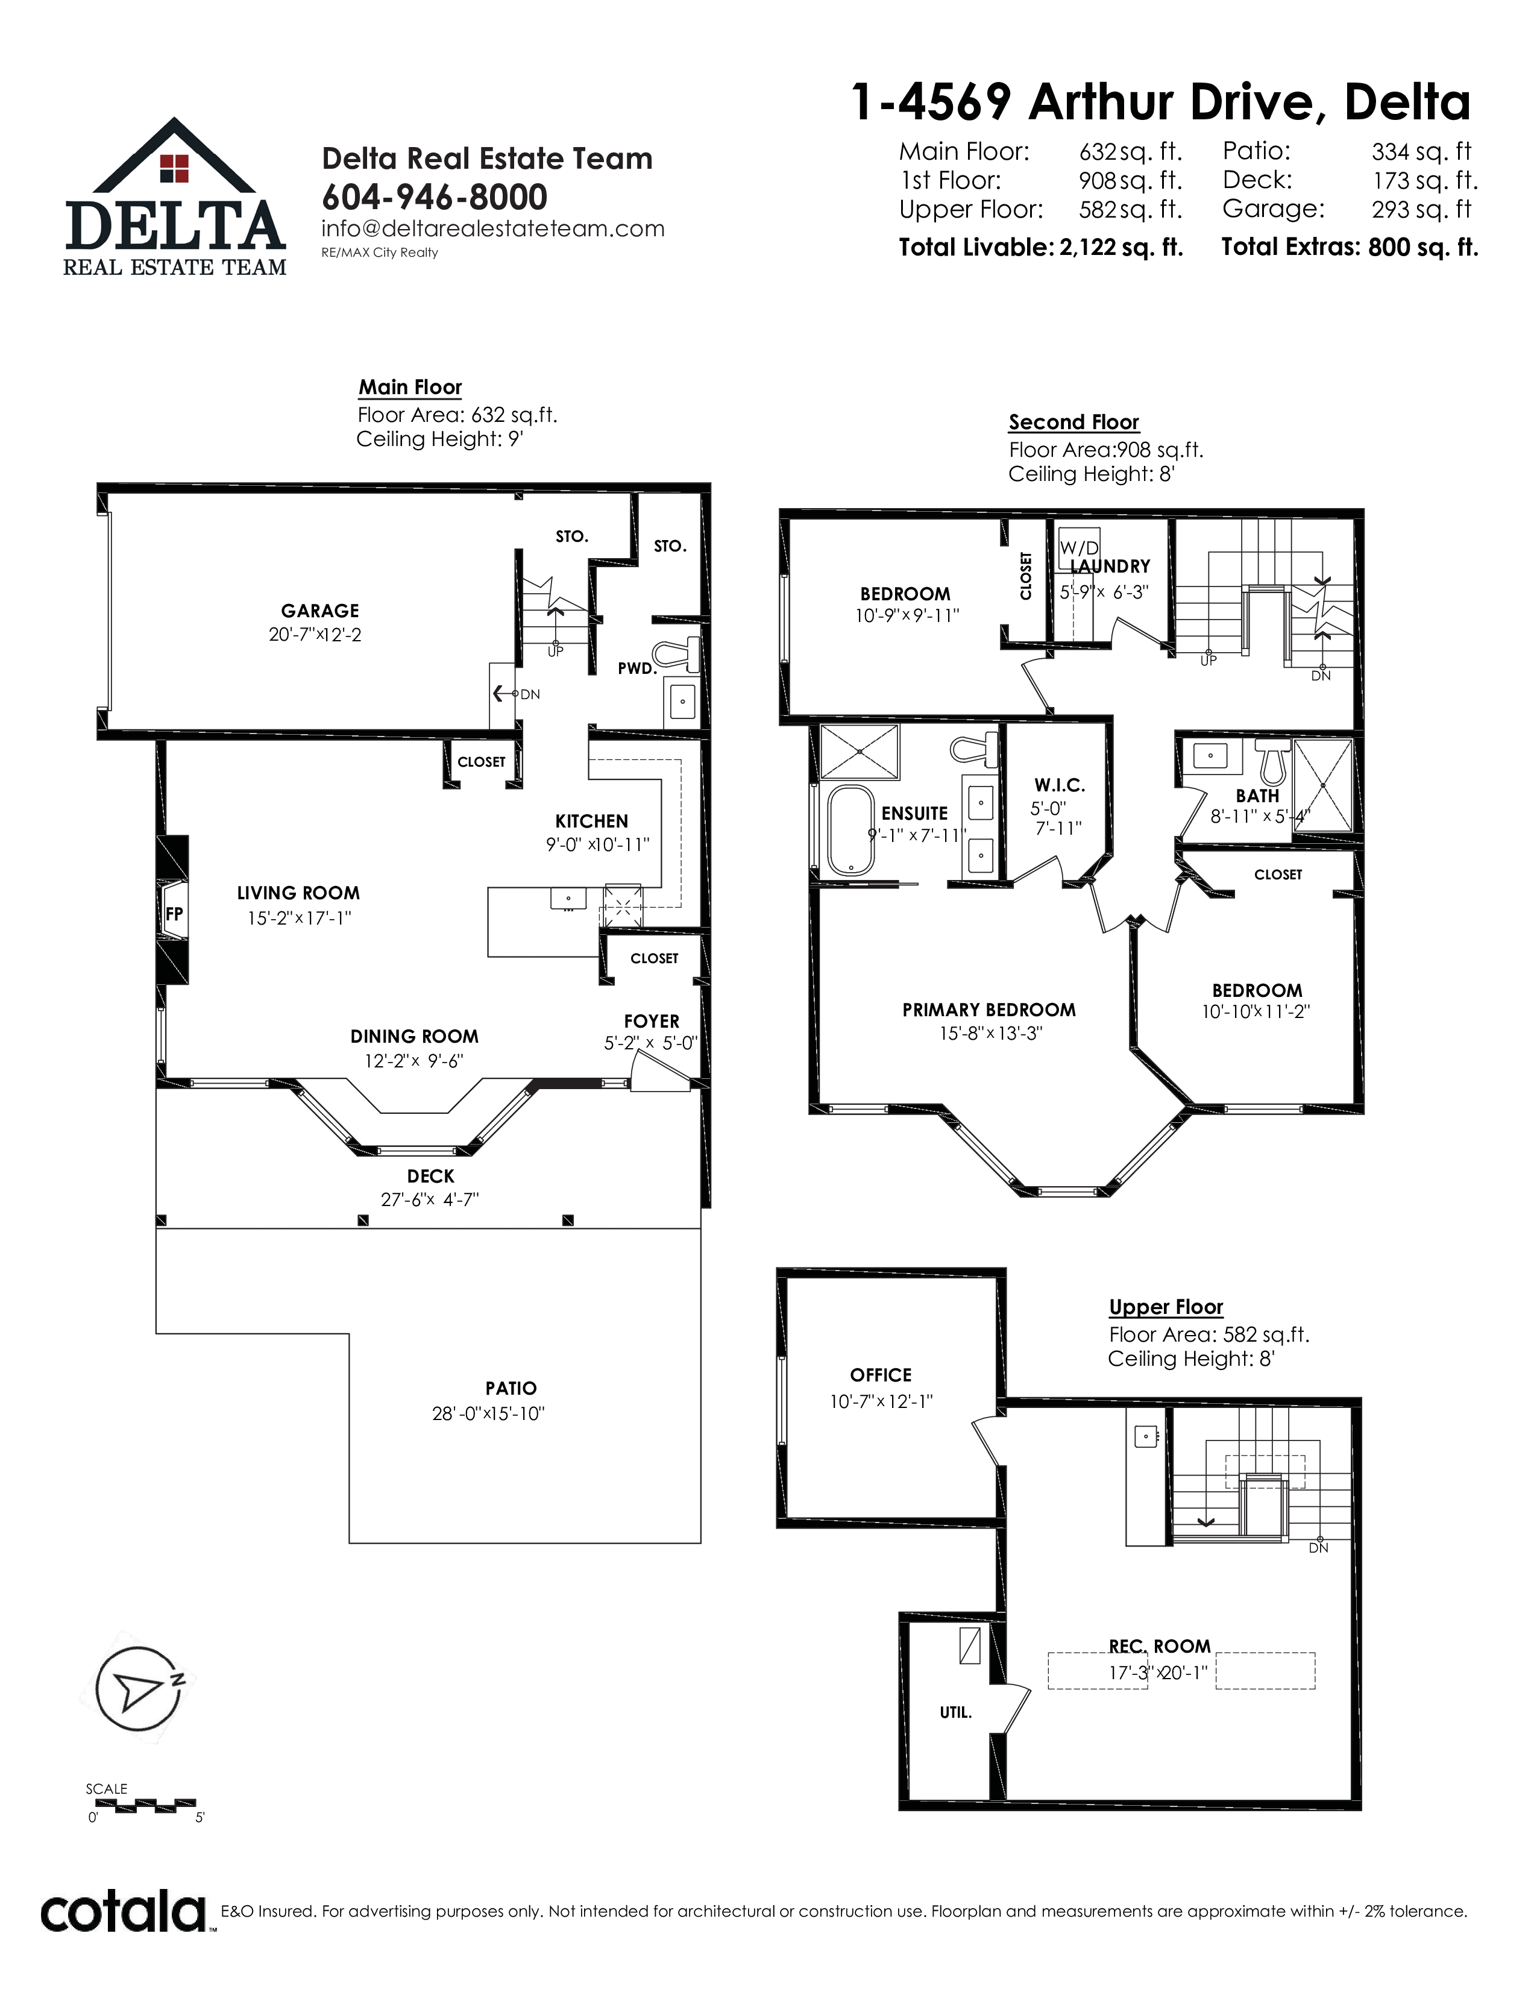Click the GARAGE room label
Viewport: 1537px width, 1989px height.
(319, 611)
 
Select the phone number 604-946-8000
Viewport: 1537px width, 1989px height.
(435, 196)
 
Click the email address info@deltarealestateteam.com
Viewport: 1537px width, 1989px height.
(492, 228)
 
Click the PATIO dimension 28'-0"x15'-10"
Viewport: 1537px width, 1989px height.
(488, 1413)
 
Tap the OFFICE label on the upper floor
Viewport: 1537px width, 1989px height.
(881, 1375)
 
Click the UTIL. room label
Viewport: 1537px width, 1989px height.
(956, 1713)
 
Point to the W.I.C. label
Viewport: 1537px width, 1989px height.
(1059, 785)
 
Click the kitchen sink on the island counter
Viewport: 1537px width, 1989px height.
(567, 898)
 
